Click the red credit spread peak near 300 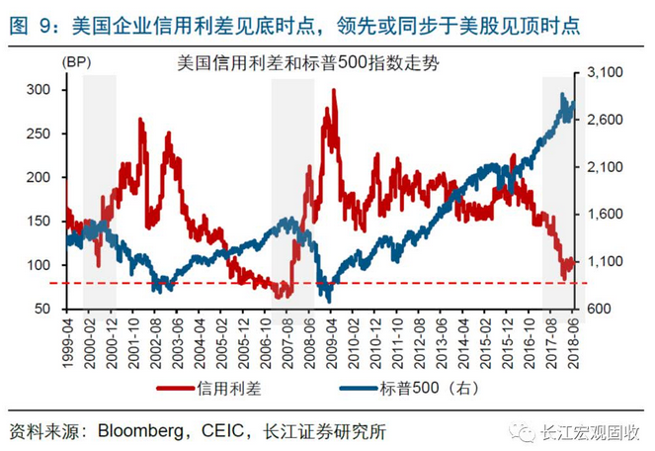pos(334,91)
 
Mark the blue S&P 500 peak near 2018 pos(562,96)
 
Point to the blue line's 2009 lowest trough pos(328,301)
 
